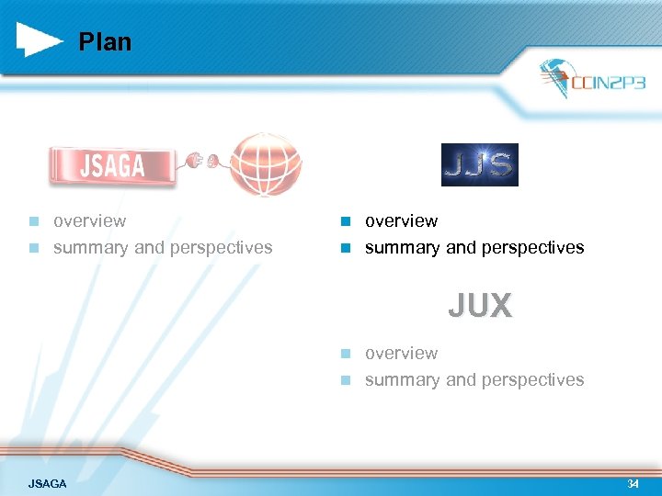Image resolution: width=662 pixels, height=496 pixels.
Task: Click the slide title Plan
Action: coord(105,42)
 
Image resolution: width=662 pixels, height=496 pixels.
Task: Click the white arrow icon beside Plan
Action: coord(40,39)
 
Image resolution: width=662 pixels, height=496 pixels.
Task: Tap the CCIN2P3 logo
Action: coord(592,81)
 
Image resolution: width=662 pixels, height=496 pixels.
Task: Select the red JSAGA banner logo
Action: coord(112,165)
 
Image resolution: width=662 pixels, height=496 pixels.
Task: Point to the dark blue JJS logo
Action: coord(479,165)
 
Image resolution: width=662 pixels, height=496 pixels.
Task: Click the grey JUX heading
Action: coord(480,306)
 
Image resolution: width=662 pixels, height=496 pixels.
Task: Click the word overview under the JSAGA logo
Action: coord(89,221)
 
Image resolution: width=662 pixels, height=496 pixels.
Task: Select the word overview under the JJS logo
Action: coord(401,221)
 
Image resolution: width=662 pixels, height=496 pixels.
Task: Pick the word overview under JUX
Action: coord(401,354)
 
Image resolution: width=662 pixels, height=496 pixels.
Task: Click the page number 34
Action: coord(633,483)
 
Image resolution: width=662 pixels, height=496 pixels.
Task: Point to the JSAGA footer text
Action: coord(47,483)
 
